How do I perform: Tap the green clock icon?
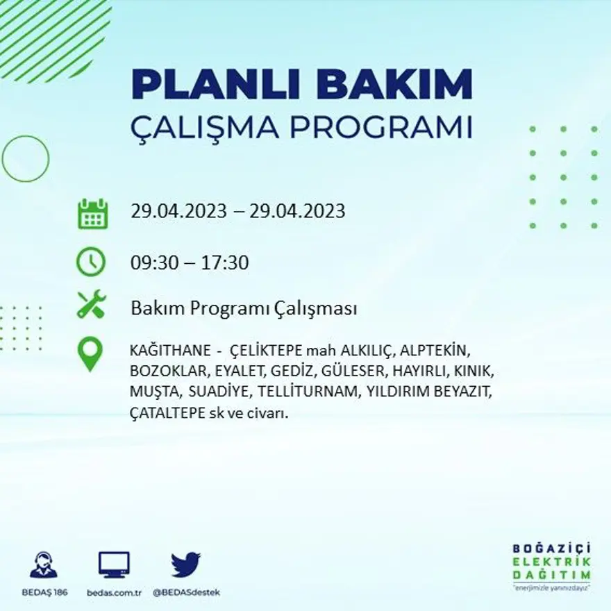point(91,262)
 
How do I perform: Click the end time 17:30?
point(225,263)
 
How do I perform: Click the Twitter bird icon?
point(185,564)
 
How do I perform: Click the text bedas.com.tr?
point(115,592)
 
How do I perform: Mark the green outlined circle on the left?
point(26,159)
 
